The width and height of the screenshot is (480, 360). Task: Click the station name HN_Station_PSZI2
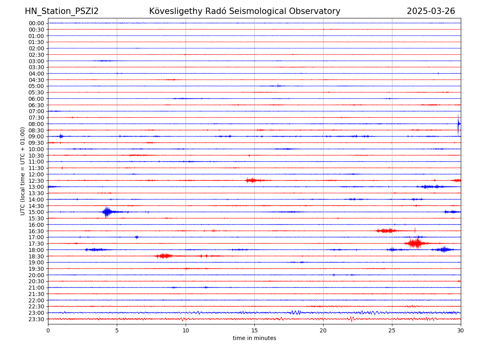click(62, 11)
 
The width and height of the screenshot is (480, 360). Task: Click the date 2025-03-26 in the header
click(431, 11)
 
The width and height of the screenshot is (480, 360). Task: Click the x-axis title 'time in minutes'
click(254, 338)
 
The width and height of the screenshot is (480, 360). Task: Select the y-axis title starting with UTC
click(23, 171)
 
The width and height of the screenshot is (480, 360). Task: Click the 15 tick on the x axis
click(254, 330)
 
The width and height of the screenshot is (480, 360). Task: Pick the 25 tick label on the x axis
click(392, 330)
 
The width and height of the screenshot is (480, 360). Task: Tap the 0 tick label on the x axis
click(48, 330)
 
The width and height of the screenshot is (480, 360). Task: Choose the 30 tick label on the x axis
click(461, 330)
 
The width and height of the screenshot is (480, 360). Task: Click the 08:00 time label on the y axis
click(36, 124)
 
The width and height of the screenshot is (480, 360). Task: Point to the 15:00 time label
click(36, 212)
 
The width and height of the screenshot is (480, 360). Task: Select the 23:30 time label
click(36, 319)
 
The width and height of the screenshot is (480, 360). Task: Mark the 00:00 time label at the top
click(36, 23)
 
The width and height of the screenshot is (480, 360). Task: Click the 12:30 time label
click(36, 181)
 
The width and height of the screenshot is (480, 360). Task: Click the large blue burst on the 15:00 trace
click(106, 212)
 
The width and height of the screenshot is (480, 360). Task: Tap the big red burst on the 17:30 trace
click(416, 243)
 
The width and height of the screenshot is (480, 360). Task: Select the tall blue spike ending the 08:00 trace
click(458, 124)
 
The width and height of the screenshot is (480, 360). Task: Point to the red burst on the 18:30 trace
click(164, 256)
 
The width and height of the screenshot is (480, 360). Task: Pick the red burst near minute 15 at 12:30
click(251, 180)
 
